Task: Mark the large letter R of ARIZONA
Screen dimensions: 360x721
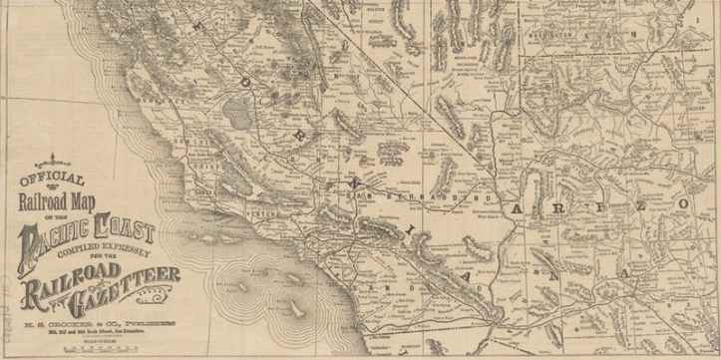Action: point(559,207)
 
